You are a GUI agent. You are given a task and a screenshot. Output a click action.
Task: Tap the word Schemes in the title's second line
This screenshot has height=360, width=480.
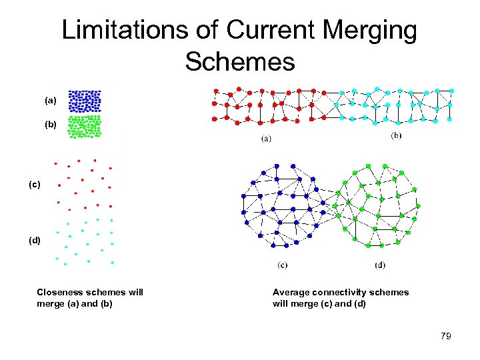[x=240, y=61]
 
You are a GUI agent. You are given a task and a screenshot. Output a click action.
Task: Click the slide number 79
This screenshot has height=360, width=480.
[x=445, y=336]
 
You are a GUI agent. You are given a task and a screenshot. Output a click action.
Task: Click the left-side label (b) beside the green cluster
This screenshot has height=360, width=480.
[x=51, y=124]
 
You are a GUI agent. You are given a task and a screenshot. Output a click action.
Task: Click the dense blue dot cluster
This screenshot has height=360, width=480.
[x=85, y=101]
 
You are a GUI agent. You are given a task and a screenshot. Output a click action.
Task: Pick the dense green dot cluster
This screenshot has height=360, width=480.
[x=85, y=125]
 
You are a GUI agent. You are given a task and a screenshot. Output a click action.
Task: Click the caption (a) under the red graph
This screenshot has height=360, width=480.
[x=266, y=139]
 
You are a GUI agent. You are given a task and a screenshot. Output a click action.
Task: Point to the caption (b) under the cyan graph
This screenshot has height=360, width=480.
[x=396, y=136]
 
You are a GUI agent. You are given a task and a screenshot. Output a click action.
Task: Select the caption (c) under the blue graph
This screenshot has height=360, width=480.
[x=283, y=265]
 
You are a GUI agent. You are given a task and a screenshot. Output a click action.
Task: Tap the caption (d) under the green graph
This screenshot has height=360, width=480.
[x=380, y=265]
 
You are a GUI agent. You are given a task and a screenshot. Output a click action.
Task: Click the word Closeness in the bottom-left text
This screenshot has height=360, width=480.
[x=61, y=292]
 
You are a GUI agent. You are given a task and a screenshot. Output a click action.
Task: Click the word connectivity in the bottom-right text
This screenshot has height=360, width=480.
[x=343, y=292]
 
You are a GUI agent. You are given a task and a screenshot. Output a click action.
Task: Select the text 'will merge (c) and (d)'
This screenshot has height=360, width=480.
[x=319, y=304]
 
